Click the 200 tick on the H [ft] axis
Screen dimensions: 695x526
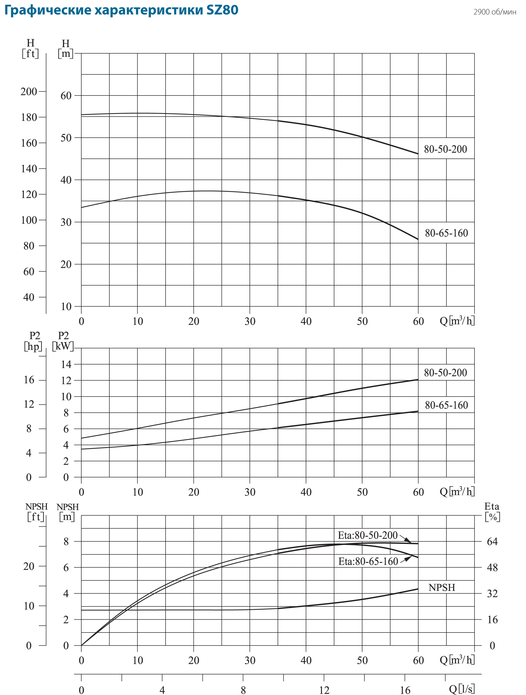(29, 92)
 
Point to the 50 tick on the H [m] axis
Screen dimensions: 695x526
(66, 138)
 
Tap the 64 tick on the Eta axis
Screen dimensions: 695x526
(492, 541)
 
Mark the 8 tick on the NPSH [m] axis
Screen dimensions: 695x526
(66, 541)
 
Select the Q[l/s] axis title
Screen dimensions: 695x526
(461, 689)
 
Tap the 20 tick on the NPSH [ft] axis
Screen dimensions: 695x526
(29, 566)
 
